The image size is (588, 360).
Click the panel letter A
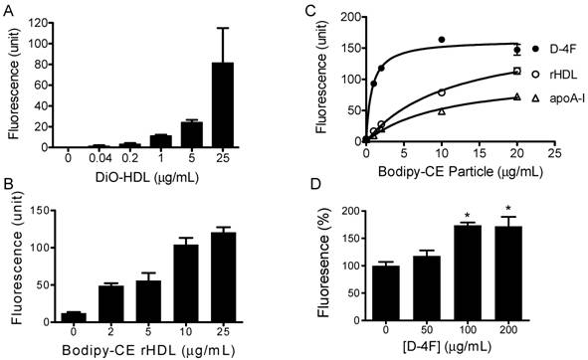click(x=7, y=8)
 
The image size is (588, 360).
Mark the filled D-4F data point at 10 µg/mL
click(x=442, y=40)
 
